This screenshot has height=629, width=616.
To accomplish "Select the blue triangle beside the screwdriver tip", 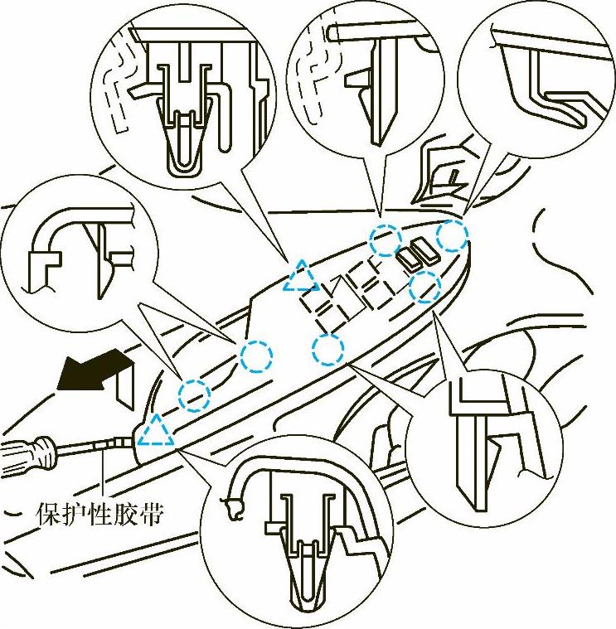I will click(x=156, y=432).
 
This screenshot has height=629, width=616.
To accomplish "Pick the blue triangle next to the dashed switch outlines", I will click(x=300, y=278).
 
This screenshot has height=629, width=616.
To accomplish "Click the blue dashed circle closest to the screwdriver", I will click(x=194, y=394).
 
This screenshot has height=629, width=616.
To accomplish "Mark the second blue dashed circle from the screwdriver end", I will click(x=255, y=356).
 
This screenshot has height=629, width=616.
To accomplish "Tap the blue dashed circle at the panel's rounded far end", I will click(x=452, y=235).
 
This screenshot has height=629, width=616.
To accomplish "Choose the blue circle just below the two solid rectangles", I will click(x=425, y=287).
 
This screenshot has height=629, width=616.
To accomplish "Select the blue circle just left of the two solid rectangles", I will click(x=386, y=240).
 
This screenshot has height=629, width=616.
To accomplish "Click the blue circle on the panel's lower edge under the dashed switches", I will click(x=328, y=349).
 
